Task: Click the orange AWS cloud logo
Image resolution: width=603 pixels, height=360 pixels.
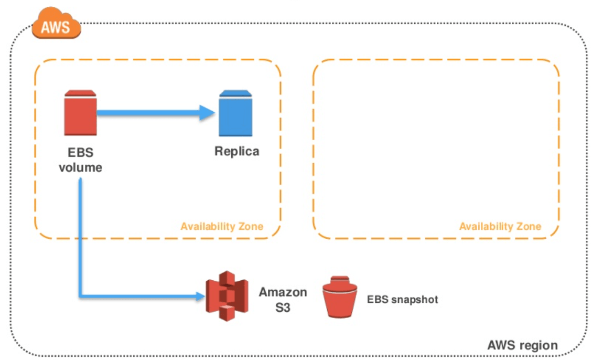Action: tap(56, 26)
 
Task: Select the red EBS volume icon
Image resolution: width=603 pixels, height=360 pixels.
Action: tap(80, 113)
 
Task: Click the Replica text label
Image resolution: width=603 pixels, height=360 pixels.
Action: tap(237, 152)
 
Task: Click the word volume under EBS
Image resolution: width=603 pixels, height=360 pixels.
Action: tap(80, 168)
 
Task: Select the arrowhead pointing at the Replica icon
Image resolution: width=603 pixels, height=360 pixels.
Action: tap(209, 112)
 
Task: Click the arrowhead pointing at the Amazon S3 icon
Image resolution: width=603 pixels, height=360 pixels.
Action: tap(199, 297)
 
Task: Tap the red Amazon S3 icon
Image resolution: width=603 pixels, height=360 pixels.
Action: tap(227, 296)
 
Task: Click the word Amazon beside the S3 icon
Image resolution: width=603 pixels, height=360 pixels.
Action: tap(283, 292)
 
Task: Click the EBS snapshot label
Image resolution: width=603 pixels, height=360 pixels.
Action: tap(402, 300)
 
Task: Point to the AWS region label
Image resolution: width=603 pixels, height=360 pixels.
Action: tap(522, 345)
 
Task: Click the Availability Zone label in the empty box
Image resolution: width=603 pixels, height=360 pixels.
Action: tap(500, 227)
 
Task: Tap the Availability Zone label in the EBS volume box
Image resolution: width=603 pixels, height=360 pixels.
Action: tap(222, 227)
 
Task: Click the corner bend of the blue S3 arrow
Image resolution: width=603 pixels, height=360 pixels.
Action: tap(81, 297)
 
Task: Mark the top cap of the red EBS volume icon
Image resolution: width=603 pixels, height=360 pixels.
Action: tap(80, 93)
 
